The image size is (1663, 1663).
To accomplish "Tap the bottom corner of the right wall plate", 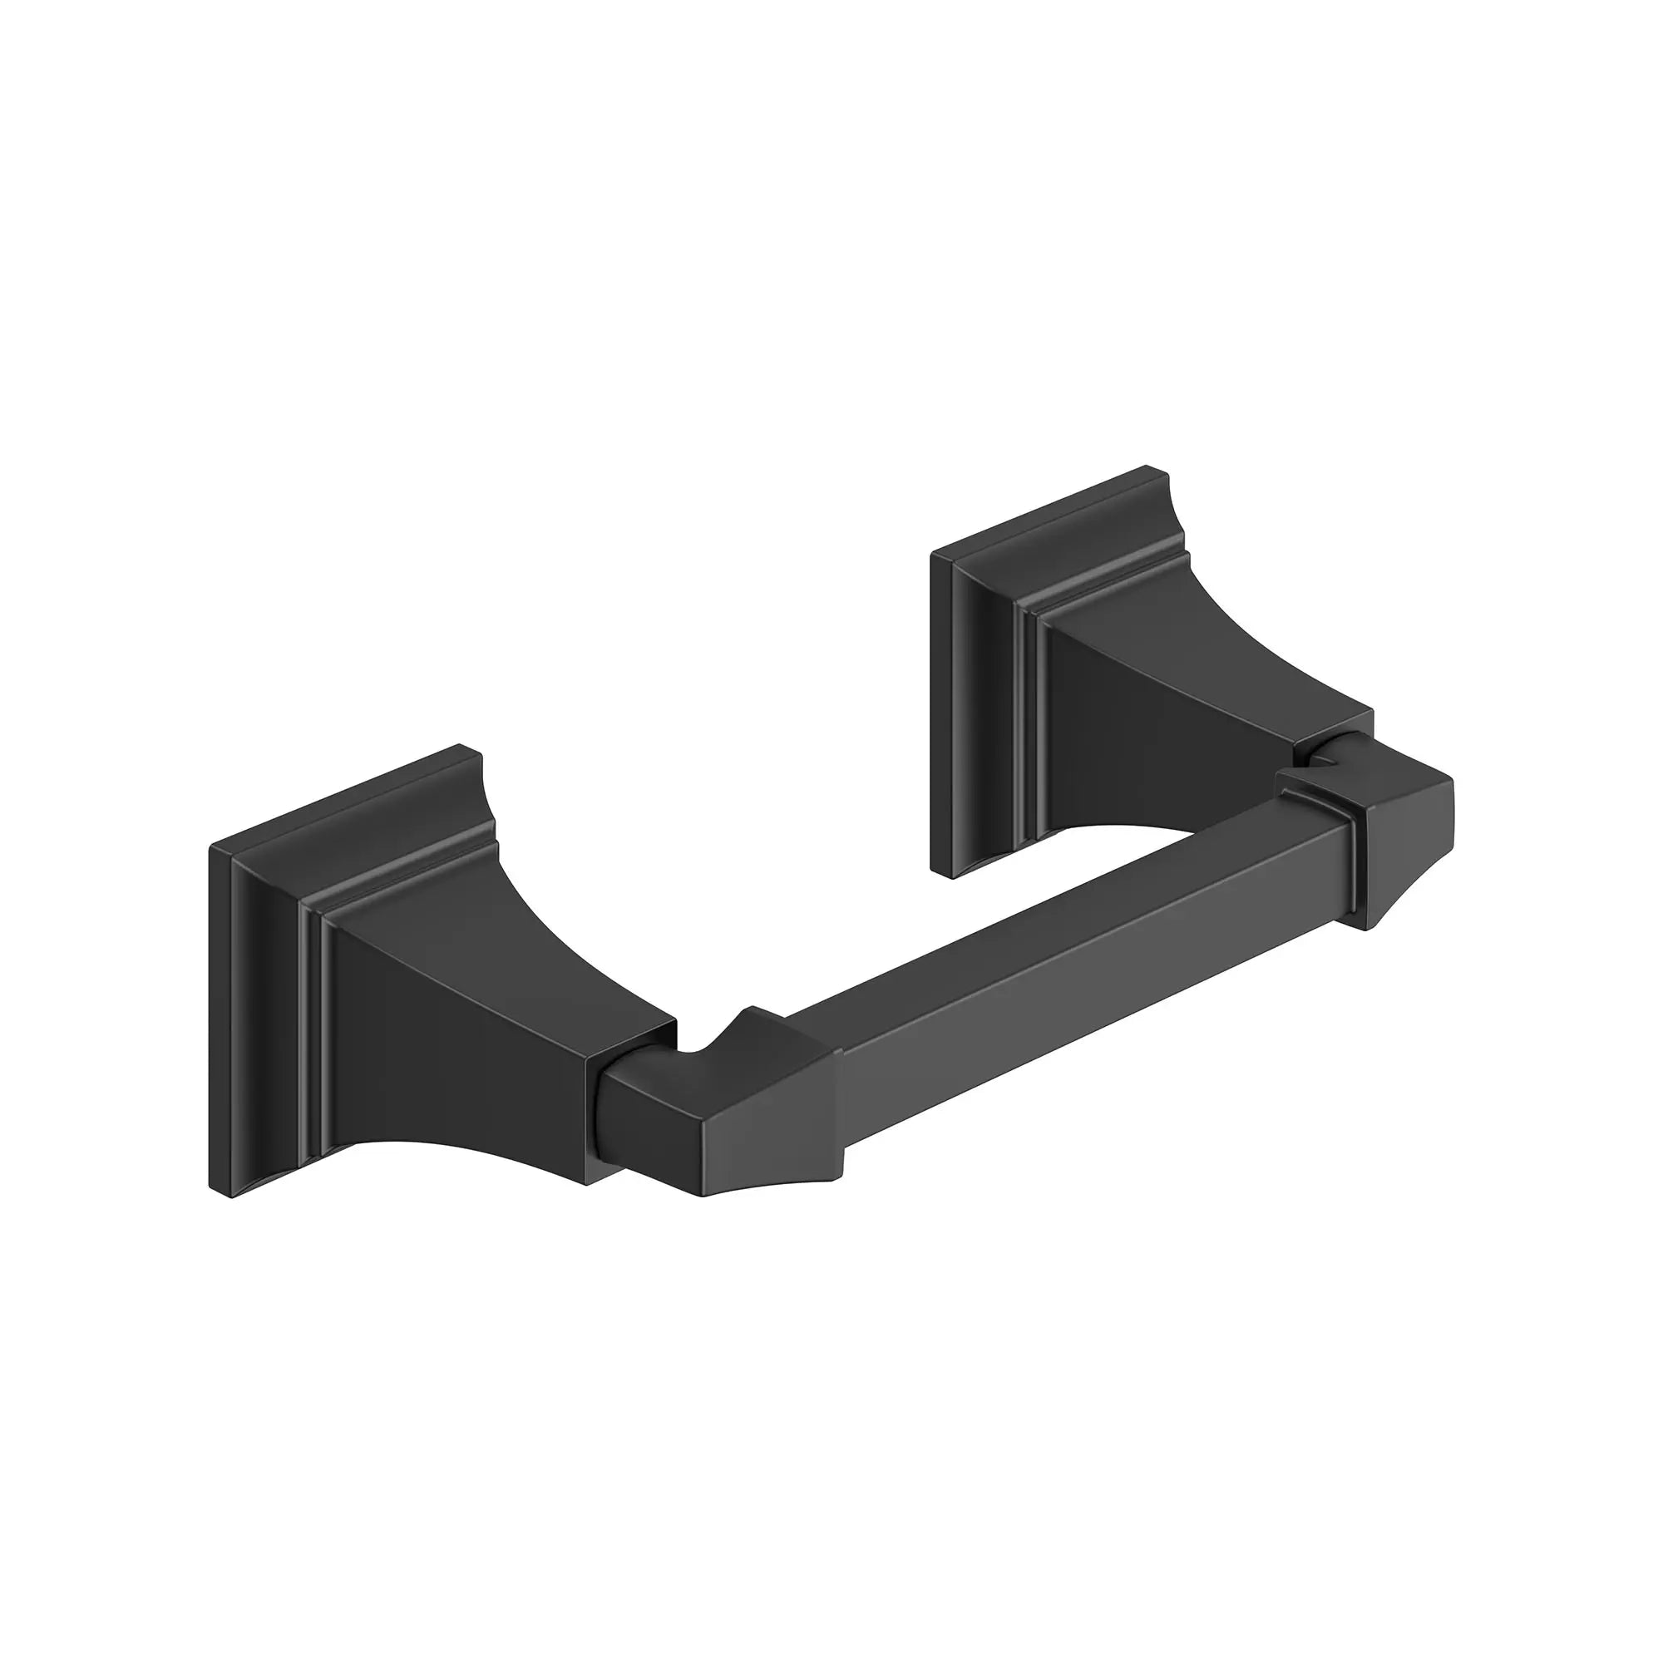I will (950, 876).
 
